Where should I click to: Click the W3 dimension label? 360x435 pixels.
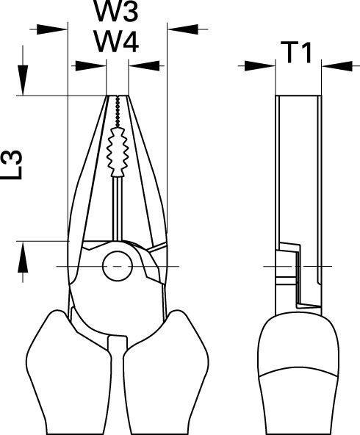coord(116,11)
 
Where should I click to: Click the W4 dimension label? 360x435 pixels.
coord(117,42)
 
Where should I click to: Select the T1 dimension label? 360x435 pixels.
coord(295,52)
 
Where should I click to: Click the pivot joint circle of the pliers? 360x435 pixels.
coord(118,266)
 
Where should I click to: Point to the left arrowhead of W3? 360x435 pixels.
coord(52,29)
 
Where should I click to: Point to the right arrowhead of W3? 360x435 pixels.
coord(183,29)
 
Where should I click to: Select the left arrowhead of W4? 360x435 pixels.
coord(90,66)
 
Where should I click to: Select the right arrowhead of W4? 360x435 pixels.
coord(144,66)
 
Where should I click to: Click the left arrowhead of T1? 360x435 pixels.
coord(260,66)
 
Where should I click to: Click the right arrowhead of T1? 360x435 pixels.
coord(337,66)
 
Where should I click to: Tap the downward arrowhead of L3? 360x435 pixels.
coord(23,80)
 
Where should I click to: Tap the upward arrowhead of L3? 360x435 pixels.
coord(23,257)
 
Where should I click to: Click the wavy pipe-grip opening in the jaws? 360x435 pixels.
coord(118,152)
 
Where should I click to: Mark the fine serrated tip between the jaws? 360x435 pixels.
coord(118,111)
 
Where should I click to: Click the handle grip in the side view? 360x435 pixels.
coord(299,375)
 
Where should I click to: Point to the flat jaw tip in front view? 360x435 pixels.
coord(118,96)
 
